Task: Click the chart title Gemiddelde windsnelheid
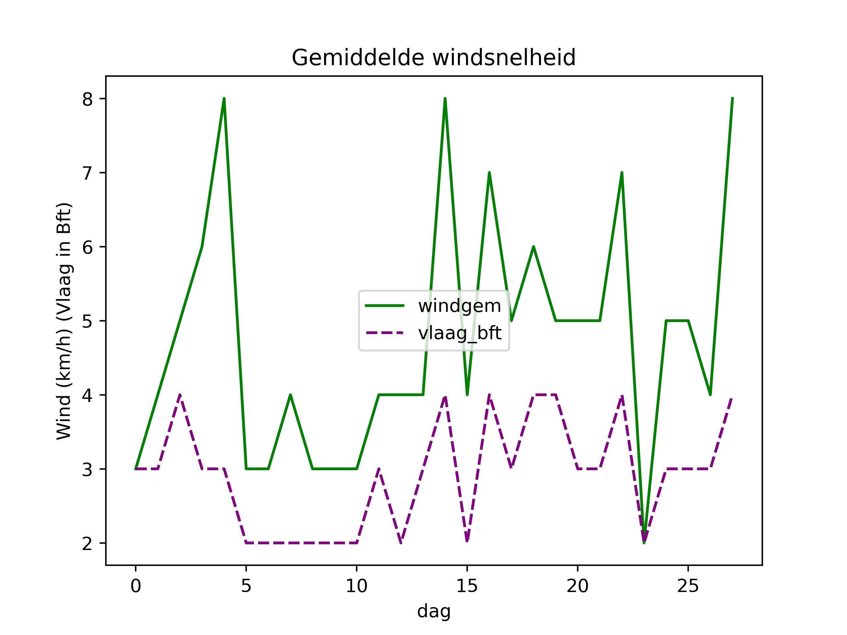click(x=433, y=58)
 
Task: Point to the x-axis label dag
click(x=433, y=611)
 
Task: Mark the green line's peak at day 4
click(x=224, y=99)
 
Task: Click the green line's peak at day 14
click(x=445, y=99)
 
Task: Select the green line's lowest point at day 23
click(x=644, y=542)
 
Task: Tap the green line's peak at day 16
click(x=489, y=173)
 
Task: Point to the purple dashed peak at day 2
click(x=180, y=395)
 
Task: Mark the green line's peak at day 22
click(x=622, y=173)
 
